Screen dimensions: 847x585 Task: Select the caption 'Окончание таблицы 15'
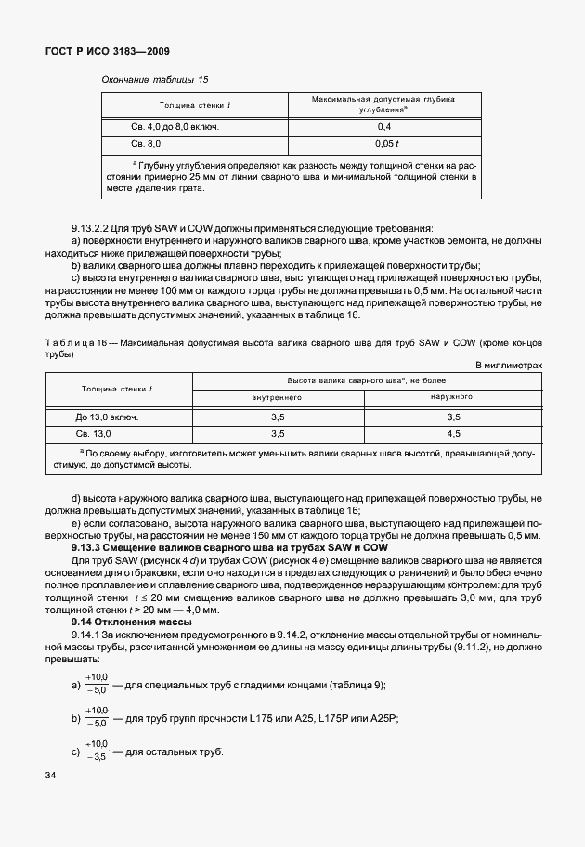[154, 80]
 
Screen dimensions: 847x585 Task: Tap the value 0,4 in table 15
[383, 127]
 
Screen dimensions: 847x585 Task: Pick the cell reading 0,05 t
[383, 144]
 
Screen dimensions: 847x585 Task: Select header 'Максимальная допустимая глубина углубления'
[383, 103]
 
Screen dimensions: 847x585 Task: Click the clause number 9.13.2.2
[92, 228]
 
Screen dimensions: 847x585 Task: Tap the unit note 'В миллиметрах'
[508, 366]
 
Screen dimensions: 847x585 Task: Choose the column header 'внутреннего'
[278, 397]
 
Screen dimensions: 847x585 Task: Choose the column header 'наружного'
[453, 397]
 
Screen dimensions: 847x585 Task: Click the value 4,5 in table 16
[453, 433]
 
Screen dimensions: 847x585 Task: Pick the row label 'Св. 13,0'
[93, 433]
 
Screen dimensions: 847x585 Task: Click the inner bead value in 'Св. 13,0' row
[278, 433]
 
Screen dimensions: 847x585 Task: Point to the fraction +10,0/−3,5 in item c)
[96, 751]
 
